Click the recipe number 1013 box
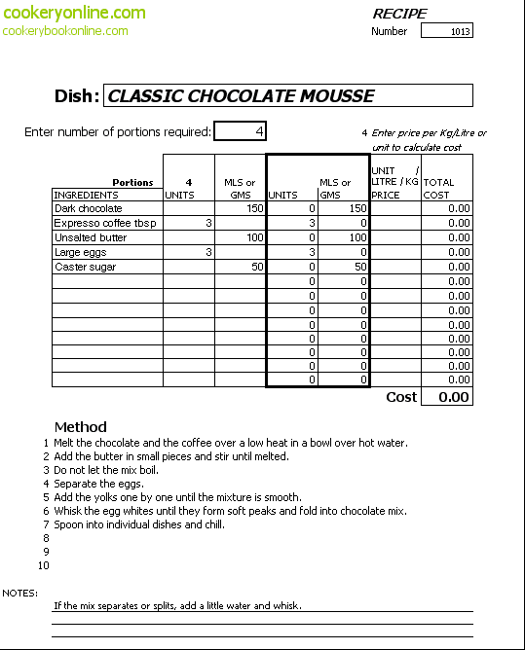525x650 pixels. coord(446,31)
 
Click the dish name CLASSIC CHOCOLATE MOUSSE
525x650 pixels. coord(241,95)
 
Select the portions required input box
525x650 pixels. coord(240,131)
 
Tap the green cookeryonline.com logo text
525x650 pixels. coord(74,13)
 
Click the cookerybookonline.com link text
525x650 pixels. coord(65,31)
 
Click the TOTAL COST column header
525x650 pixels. coord(438,189)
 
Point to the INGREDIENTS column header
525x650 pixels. coord(86,195)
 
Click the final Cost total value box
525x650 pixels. coord(447,397)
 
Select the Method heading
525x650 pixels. coord(81,427)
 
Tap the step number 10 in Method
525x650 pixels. coord(44,565)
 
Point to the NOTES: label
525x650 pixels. coord(19,594)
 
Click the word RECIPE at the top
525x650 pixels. coord(399,14)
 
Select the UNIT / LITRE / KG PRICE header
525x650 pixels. coord(395,183)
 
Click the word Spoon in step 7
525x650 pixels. coord(67,524)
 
